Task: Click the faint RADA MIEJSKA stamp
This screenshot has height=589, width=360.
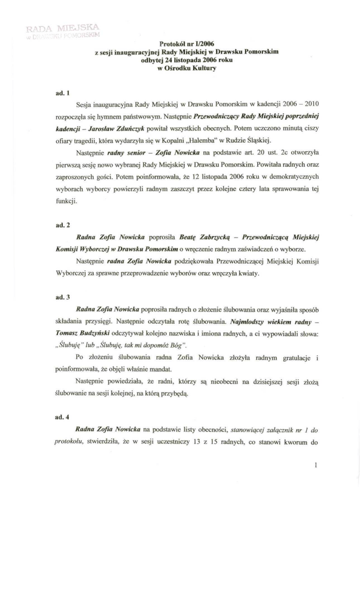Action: click(x=58, y=29)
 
